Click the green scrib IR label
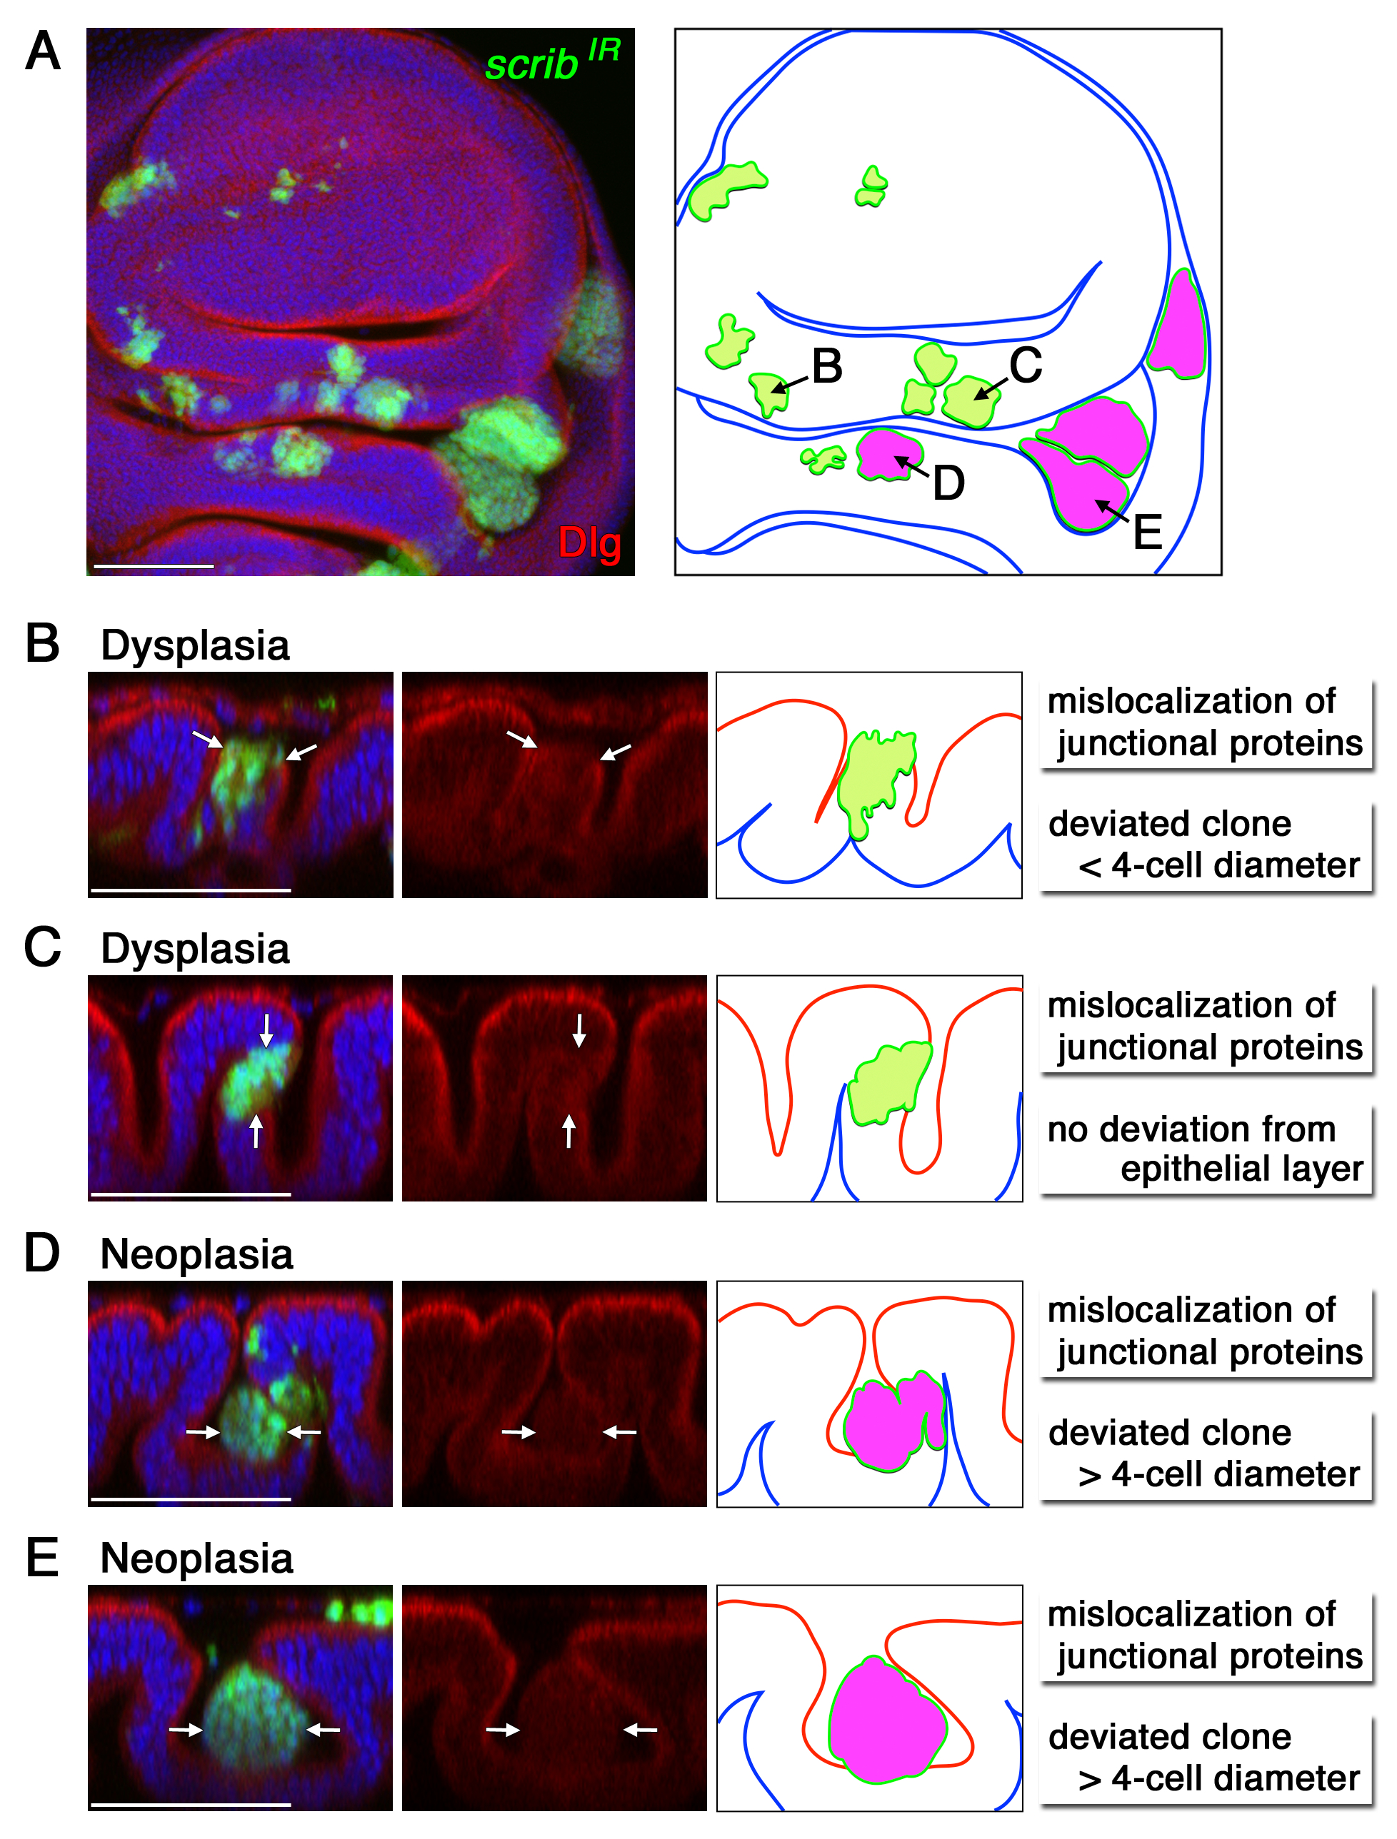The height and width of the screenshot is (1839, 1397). click(x=551, y=61)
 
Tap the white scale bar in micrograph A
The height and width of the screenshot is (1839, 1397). click(x=154, y=566)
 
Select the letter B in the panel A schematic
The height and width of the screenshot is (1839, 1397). click(x=826, y=366)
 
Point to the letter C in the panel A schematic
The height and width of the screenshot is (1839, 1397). click(x=1026, y=365)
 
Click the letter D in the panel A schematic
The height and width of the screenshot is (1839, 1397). click(x=948, y=483)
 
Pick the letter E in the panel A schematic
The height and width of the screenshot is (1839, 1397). click(x=1148, y=532)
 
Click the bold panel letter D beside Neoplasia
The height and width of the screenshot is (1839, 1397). click(x=41, y=1253)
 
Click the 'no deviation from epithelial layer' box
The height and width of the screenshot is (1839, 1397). click(x=1205, y=1149)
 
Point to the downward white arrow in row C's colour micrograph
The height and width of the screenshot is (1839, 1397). click(x=266, y=1029)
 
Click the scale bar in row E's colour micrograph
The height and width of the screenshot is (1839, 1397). click(x=191, y=1805)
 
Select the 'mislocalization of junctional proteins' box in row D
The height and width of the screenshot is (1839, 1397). click(x=1205, y=1331)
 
